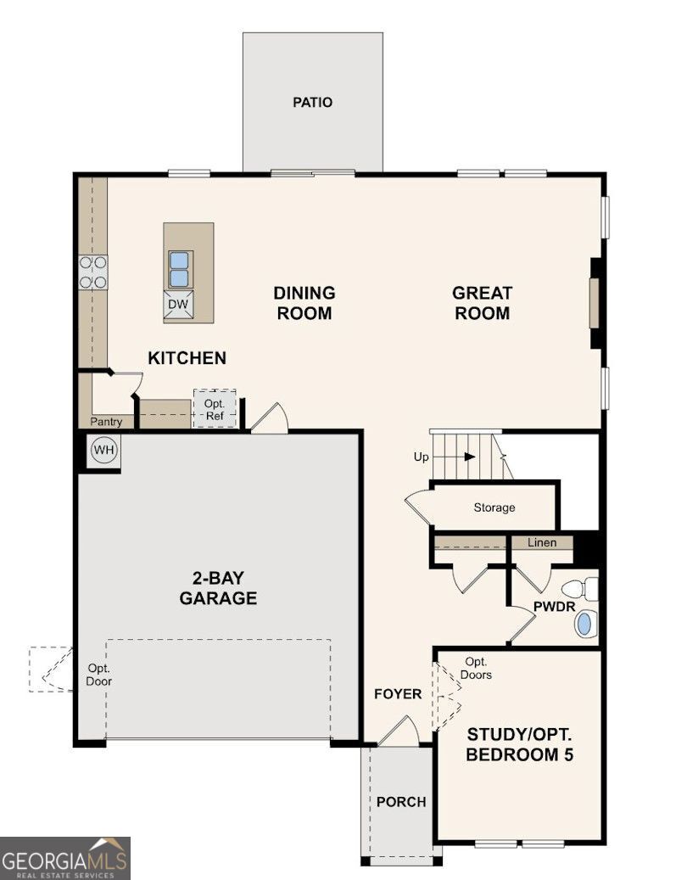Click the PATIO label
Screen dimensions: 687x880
coord(312,102)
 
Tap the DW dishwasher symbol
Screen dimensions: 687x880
coord(178,305)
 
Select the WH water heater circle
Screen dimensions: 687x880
coord(103,450)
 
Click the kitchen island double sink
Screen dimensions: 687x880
coord(179,269)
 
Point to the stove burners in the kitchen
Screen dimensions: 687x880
coord(93,272)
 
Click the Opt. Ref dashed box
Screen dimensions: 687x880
coord(215,409)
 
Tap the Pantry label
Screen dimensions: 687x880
coord(106,422)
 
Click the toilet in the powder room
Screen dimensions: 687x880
coord(580,589)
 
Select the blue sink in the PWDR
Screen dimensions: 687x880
coord(584,624)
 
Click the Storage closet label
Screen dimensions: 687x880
coord(494,507)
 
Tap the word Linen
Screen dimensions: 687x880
coord(542,542)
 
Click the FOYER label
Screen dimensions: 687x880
coord(398,694)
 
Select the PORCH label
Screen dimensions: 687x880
coord(401,802)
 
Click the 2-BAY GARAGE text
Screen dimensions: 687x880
coord(218,587)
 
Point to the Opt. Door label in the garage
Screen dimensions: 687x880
coord(98,675)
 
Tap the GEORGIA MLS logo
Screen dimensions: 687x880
coord(65,858)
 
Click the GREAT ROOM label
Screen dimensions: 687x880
coord(483,302)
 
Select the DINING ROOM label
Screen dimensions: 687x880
coord(304,302)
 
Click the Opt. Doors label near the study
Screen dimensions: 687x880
coord(476,669)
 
